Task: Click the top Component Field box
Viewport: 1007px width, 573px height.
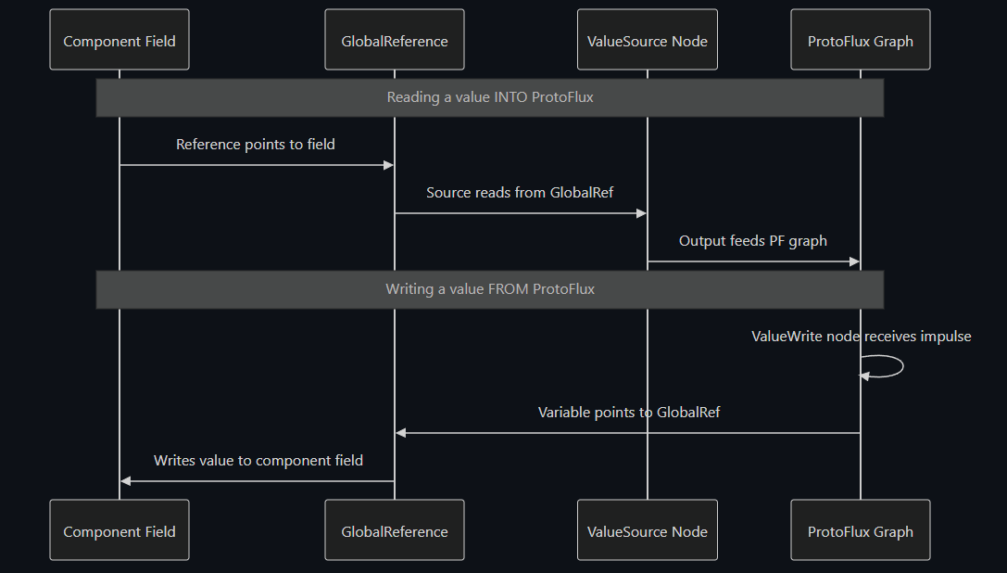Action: click(x=120, y=41)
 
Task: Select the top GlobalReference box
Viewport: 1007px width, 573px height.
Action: click(x=395, y=41)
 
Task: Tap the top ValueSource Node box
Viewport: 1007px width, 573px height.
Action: click(x=647, y=41)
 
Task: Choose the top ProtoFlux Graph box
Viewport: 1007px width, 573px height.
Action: click(x=860, y=41)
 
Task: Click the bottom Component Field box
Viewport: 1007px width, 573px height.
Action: click(x=120, y=531)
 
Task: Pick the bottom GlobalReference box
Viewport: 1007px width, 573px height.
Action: click(x=395, y=531)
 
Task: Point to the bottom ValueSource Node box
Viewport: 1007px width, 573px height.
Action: click(x=647, y=531)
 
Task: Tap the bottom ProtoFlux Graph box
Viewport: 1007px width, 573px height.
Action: click(x=860, y=531)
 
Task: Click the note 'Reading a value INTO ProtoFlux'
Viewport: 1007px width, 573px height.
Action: click(x=489, y=97)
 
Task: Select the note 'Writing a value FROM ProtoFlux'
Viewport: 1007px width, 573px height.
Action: click(x=489, y=289)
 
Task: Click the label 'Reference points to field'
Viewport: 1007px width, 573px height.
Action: click(x=256, y=145)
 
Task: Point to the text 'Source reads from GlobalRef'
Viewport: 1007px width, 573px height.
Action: click(x=520, y=193)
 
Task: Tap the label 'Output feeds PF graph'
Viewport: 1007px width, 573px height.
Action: click(x=753, y=241)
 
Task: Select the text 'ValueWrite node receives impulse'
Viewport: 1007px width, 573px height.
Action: click(x=861, y=337)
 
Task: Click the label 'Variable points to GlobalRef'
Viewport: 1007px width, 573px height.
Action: click(x=629, y=413)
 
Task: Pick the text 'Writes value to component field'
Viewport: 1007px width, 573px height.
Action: click(x=258, y=461)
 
